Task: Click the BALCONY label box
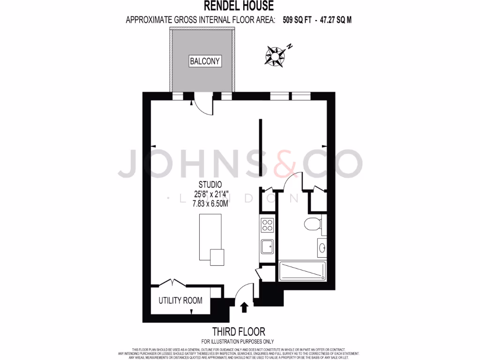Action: pos(205,61)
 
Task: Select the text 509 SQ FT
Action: pos(297,20)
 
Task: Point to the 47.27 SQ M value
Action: pos(336,20)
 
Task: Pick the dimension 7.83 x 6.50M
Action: pos(209,202)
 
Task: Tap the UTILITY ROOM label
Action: pos(180,300)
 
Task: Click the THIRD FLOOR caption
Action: pos(239,331)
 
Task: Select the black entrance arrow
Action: pos(244,307)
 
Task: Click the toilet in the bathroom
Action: pos(312,225)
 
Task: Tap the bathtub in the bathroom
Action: pos(301,270)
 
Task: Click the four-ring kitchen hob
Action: pos(267,225)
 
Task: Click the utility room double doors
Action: pos(172,283)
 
